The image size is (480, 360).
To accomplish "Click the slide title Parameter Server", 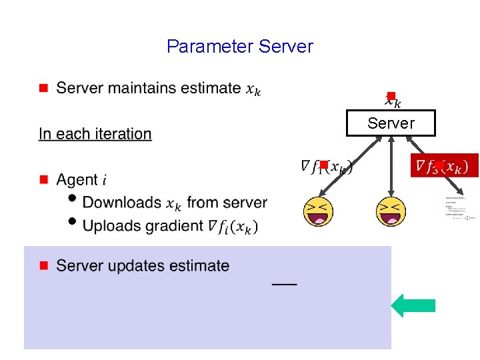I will (239, 47).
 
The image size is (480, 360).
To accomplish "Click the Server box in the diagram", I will (391, 123).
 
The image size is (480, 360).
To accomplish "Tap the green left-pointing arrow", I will (413, 305).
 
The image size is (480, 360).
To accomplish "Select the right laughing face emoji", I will (391, 212).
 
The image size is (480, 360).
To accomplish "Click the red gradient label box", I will (444, 165).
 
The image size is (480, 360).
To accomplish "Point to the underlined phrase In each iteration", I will (95, 134).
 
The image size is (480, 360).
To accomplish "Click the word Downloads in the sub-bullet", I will (122, 202).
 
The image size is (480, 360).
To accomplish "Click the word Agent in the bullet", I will (77, 180).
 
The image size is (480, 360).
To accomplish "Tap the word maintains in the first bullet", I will (143, 88).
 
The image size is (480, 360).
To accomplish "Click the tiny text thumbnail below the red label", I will (461, 208).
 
